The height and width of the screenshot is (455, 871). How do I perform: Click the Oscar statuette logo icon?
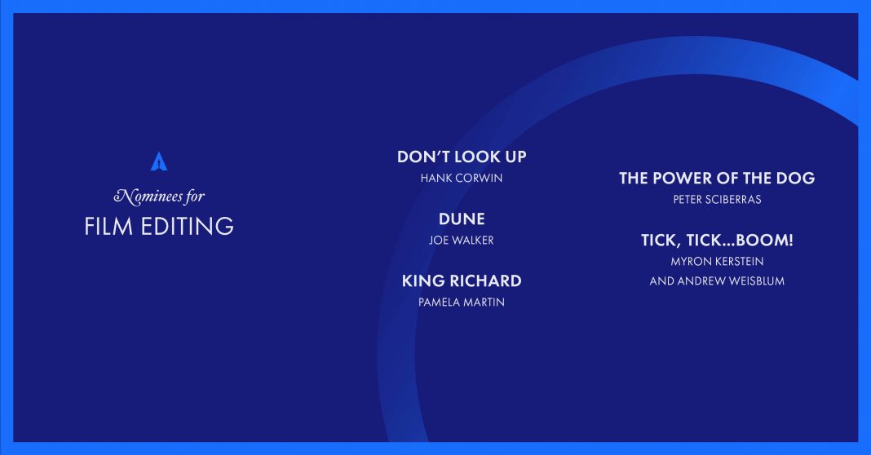click(159, 161)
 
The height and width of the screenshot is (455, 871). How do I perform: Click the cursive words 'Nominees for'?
click(159, 197)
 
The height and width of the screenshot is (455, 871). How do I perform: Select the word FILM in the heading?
click(108, 227)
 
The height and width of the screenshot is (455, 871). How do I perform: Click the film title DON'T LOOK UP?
click(462, 157)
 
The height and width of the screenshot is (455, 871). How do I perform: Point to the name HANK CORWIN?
click(462, 179)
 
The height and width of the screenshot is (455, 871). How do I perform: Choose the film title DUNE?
click(462, 219)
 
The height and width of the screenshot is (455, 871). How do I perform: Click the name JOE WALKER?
click(462, 241)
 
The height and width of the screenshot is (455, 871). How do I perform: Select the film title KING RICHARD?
click(462, 281)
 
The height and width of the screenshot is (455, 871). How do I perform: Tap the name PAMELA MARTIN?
click(462, 303)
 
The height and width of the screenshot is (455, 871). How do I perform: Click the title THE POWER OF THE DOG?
click(717, 178)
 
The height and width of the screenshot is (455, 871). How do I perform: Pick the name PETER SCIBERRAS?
click(717, 200)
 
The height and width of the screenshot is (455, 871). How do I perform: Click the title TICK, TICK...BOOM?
click(717, 241)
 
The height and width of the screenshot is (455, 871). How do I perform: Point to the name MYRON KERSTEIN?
click(717, 261)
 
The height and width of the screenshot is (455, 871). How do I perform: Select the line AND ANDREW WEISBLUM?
click(717, 281)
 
